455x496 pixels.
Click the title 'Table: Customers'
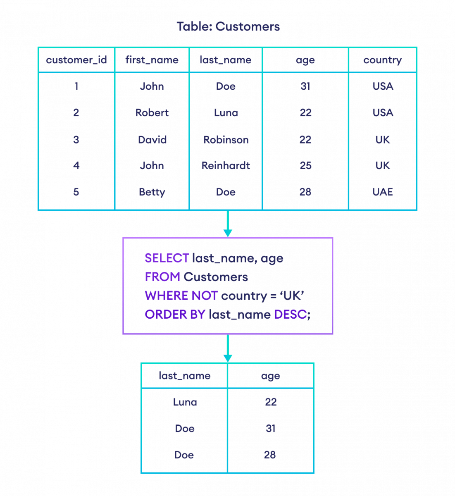pos(228,27)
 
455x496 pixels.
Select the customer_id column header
pos(76,60)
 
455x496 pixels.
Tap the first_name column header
pos(152,60)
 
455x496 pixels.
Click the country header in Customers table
pos(382,60)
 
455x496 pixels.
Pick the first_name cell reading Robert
pos(152,113)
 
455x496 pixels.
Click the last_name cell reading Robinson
pos(226,140)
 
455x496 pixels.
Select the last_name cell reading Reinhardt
pos(226,166)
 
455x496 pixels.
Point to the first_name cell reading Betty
pos(152,192)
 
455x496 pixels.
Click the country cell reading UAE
pos(382,192)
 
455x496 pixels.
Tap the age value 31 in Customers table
pos(305,86)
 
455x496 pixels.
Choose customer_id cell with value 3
pos(76,140)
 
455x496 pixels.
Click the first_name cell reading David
pos(152,140)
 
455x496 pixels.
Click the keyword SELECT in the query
pos(167,258)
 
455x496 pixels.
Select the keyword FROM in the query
pos(162,277)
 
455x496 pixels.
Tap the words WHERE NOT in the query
pos(181,296)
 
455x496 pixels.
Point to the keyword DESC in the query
pos(292,315)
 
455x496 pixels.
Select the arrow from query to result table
pos(228,349)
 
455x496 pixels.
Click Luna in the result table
pos(184,402)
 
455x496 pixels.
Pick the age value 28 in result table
pos(270,455)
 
